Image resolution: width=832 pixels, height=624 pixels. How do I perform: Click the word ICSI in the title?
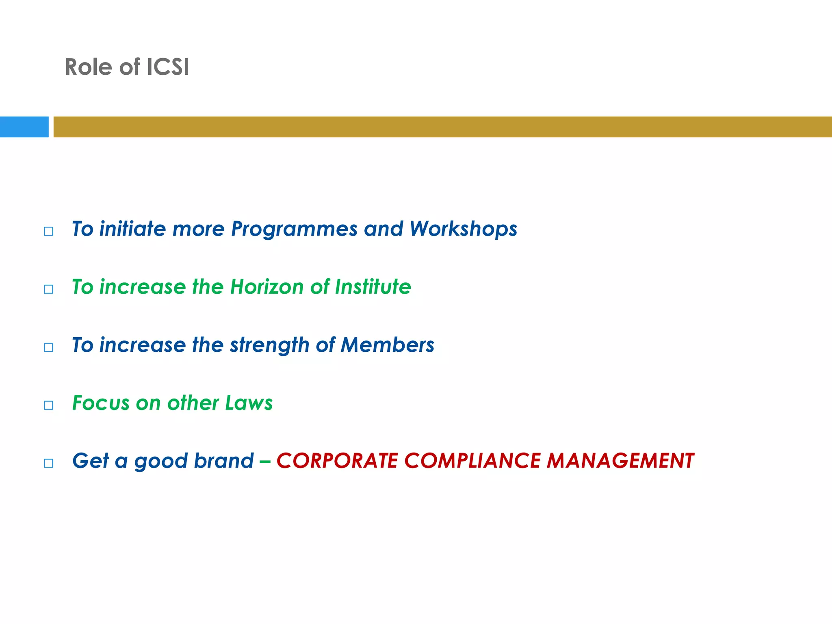tap(167, 67)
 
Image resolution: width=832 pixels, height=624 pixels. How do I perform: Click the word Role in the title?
tap(88, 67)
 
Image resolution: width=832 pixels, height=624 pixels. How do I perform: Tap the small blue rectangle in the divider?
tap(24, 127)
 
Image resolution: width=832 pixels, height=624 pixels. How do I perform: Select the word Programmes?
tap(294, 230)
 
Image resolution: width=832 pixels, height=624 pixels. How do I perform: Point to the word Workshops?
tap(463, 230)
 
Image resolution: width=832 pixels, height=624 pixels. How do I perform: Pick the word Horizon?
tap(267, 287)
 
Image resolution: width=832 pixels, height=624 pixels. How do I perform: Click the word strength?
tap(269, 346)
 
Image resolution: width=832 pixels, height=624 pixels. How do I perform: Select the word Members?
tap(387, 345)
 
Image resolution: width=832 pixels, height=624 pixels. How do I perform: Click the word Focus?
tap(101, 403)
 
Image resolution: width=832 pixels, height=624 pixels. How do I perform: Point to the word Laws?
tap(249, 403)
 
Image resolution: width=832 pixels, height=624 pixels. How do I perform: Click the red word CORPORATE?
tap(337, 461)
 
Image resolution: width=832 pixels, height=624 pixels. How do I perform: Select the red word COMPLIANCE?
tap(472, 461)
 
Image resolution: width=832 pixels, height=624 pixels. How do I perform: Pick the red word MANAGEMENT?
tap(620, 461)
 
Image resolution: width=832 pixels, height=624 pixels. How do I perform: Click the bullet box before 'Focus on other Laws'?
tap(48, 405)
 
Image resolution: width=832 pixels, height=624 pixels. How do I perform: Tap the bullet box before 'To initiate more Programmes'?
tap(48, 231)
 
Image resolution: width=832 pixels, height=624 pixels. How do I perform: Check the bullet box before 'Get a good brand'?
tap(48, 463)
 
